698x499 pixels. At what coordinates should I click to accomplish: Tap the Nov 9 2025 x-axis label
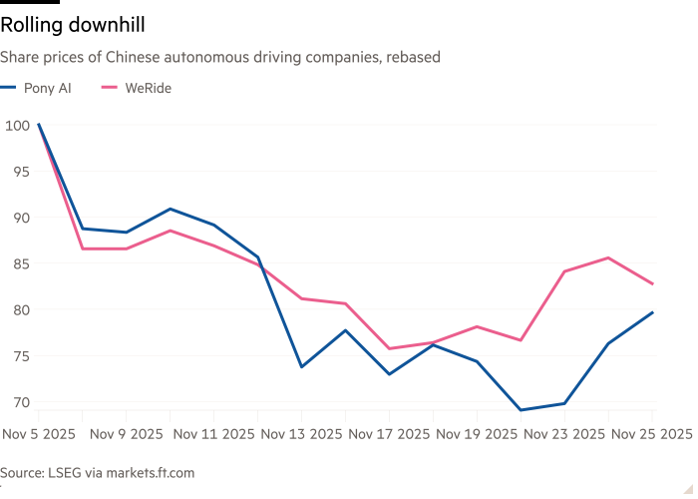[127, 434]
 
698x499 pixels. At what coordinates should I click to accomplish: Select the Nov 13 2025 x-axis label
[302, 434]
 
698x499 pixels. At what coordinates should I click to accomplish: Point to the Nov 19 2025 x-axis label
[476, 434]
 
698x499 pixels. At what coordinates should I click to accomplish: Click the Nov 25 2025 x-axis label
[649, 434]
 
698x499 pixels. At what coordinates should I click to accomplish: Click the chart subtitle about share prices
[220, 58]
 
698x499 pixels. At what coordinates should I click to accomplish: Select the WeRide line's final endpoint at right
[653, 284]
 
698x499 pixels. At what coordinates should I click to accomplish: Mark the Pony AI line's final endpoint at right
[653, 311]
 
